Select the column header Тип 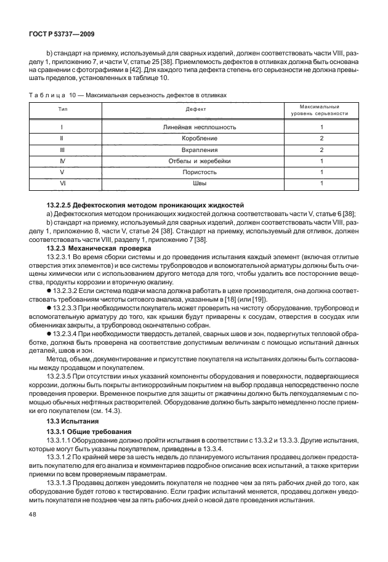click(x=62, y=109)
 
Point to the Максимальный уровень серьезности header click(x=320, y=110)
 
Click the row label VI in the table click(x=62, y=183)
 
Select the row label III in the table click(x=62, y=150)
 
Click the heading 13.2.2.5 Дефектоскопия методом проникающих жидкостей click(x=145, y=204)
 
